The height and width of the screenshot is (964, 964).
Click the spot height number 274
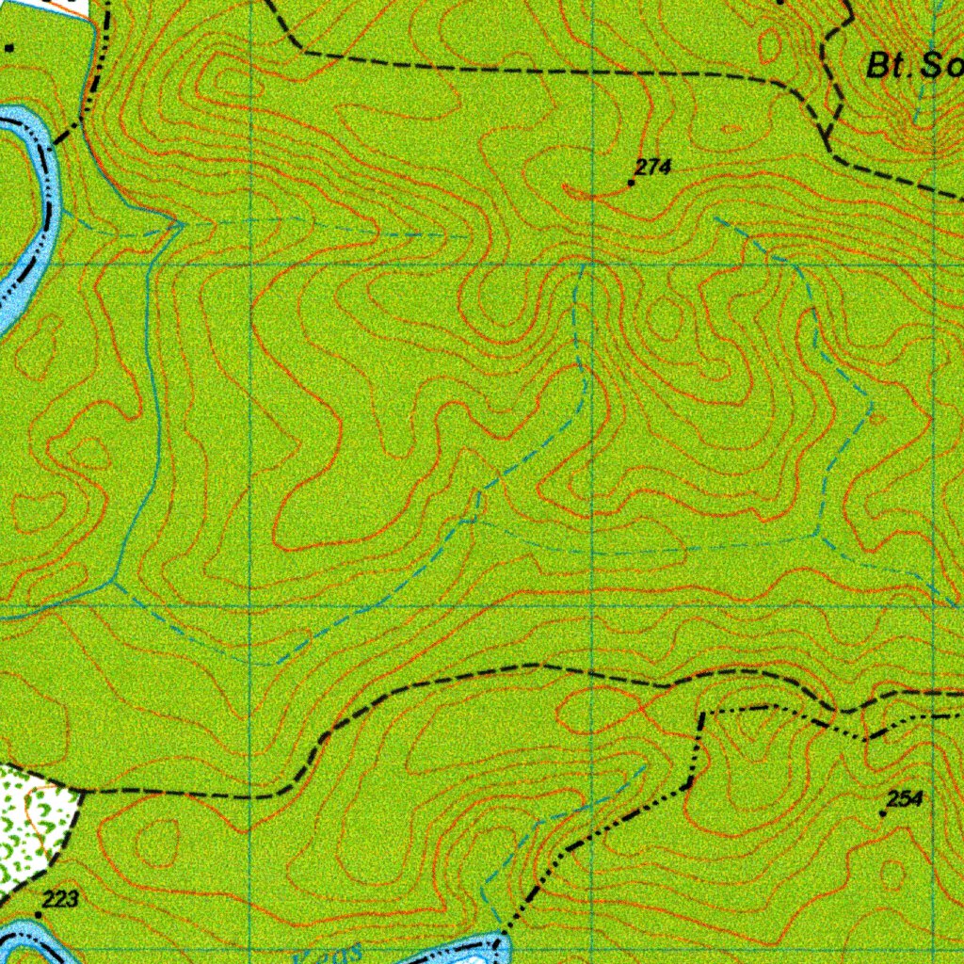[652, 167]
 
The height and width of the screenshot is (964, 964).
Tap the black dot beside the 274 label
[631, 183]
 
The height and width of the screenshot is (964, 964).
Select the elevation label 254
[904, 799]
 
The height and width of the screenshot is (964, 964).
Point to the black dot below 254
[882, 814]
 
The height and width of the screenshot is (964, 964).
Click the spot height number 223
[61, 899]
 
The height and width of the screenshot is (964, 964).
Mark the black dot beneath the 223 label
[39, 914]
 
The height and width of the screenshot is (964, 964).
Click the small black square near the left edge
[9, 47]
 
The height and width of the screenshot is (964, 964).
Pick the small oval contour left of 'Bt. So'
[770, 42]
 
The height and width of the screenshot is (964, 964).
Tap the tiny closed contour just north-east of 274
[731, 128]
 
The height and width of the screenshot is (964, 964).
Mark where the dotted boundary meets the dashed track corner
[702, 715]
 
